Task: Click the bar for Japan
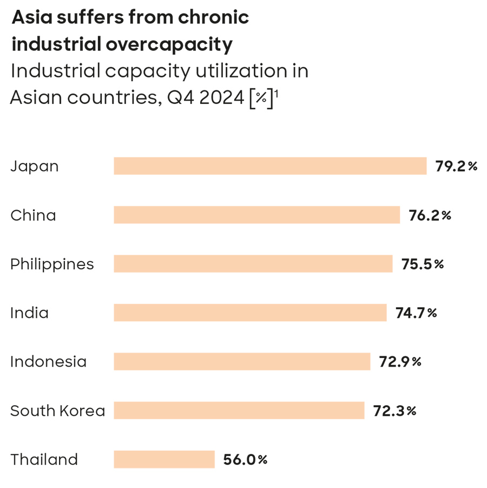(270, 166)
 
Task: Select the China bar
(256, 215)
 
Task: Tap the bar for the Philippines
(253, 264)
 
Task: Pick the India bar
(250, 313)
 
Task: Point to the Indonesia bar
(242, 361)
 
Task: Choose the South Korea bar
(239, 410)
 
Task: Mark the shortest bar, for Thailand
(164, 459)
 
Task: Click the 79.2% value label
(457, 166)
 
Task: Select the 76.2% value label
(430, 215)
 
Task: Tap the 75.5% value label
(423, 264)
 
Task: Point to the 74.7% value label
(416, 313)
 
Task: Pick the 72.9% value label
(400, 362)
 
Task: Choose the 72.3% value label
(394, 411)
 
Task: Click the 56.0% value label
(245, 460)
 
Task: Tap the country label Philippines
(52, 264)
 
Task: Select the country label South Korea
(58, 411)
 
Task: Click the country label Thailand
(44, 459)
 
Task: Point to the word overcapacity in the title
(169, 44)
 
